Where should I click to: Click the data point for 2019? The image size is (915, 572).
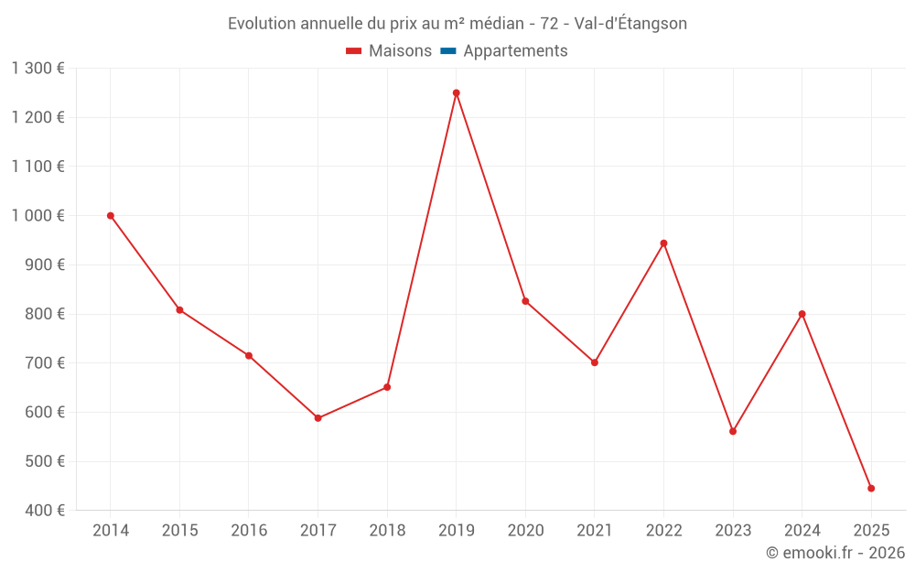pyautogui.click(x=456, y=92)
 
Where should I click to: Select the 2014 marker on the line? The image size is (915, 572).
pyautogui.click(x=111, y=216)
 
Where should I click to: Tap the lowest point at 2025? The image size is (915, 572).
pyautogui.click(x=871, y=489)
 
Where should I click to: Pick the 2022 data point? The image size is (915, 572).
pyautogui.click(x=663, y=243)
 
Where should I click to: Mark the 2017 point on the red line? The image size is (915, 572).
pyautogui.click(x=318, y=418)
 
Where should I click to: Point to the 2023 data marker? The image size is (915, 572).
pyautogui.click(x=733, y=431)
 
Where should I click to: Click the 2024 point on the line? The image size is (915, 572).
pyautogui.click(x=802, y=314)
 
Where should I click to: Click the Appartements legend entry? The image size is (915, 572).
pyautogui.click(x=515, y=51)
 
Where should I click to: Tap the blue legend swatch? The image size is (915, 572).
pyautogui.click(x=447, y=51)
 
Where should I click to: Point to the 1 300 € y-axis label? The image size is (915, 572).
pyautogui.click(x=38, y=69)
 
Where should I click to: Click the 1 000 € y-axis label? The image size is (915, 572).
pyautogui.click(x=38, y=216)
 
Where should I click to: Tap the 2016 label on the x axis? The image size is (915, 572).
pyautogui.click(x=249, y=531)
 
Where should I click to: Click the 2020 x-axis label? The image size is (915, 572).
pyautogui.click(x=525, y=531)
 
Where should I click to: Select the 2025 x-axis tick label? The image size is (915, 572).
pyautogui.click(x=871, y=531)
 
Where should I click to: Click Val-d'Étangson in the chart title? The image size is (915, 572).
pyautogui.click(x=630, y=24)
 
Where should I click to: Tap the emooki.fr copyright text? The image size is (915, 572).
pyautogui.click(x=834, y=553)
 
